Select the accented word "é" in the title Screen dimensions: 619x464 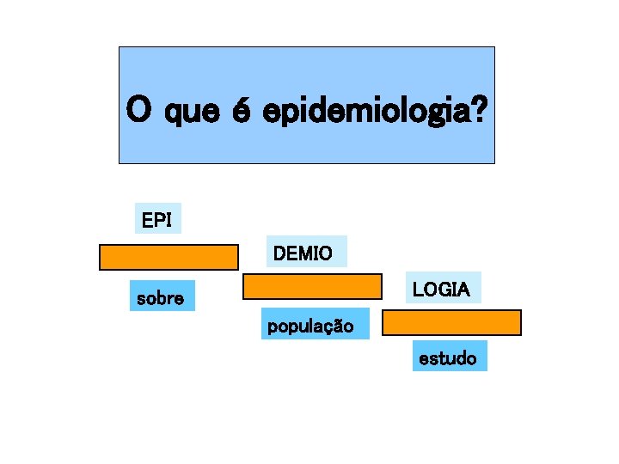pyautogui.click(x=242, y=109)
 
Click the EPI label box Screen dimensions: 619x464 pyautogui.click(x=157, y=220)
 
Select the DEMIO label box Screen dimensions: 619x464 pyautogui.click(x=307, y=253)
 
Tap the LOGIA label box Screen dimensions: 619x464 pyautogui.click(x=442, y=290)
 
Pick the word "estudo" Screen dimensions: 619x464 pyautogui.click(x=448, y=357)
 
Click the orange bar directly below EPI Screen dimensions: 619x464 pyautogui.click(x=169, y=257)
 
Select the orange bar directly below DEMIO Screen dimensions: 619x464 pyautogui.click(x=312, y=286)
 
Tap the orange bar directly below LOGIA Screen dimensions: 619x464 pyautogui.click(x=451, y=322)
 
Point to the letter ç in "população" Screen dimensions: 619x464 pyautogui.click(x=330, y=327)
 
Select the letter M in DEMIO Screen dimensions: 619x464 pyautogui.click(x=307, y=253)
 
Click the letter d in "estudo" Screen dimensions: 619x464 pyautogui.click(x=457, y=357)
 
